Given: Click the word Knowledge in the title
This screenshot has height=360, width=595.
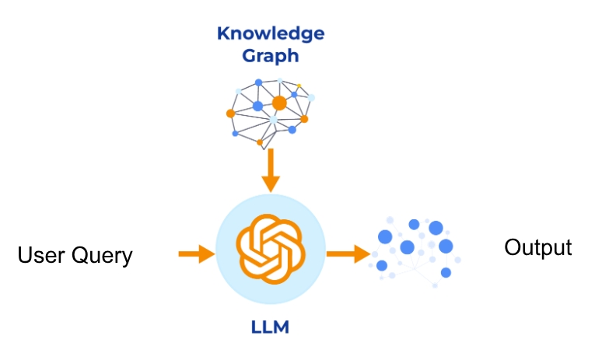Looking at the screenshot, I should click(270, 33).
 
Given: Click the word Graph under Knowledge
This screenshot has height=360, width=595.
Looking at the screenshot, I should click(270, 56).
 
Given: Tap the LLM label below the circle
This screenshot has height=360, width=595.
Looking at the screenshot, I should click(270, 327).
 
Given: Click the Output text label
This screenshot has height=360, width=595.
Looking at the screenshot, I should click(537, 248).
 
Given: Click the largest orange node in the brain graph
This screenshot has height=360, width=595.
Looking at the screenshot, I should click(279, 103).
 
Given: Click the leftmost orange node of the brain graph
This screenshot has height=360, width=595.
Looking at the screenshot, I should click(230, 114).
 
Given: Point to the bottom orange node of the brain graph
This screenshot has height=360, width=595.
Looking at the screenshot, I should click(260, 142).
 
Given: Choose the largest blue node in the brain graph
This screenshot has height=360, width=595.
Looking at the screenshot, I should click(257, 106).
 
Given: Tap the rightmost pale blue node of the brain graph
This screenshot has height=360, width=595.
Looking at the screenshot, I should click(311, 98).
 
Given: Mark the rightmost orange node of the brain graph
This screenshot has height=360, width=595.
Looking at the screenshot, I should click(304, 119).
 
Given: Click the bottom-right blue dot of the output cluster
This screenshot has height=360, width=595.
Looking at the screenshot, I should click(446, 272).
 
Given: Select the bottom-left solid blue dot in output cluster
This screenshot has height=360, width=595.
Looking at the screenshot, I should click(382, 266).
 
